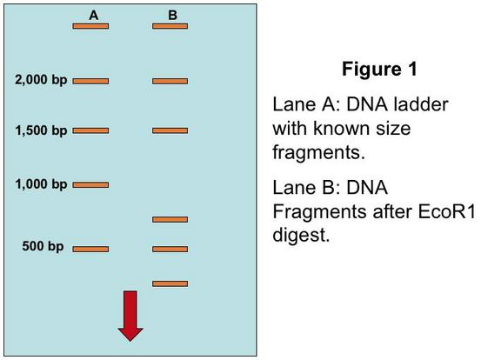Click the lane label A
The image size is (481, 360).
[x=94, y=15]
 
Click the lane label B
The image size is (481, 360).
[x=173, y=15]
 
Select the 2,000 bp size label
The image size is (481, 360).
[x=41, y=80]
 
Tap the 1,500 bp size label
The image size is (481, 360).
[x=41, y=130]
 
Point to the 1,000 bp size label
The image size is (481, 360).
[x=41, y=184]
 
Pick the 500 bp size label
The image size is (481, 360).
[x=43, y=246]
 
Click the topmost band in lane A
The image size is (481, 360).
[x=90, y=26]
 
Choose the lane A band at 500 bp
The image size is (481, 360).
[x=90, y=249]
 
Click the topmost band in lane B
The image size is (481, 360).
[x=170, y=26]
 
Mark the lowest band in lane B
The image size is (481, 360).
[x=170, y=284]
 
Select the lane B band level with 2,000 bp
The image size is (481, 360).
[x=170, y=81]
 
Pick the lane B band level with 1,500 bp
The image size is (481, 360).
[x=170, y=130]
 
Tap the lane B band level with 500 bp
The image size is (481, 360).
[x=170, y=249]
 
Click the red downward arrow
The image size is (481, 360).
[x=130, y=316]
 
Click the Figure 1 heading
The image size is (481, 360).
[x=380, y=69]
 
